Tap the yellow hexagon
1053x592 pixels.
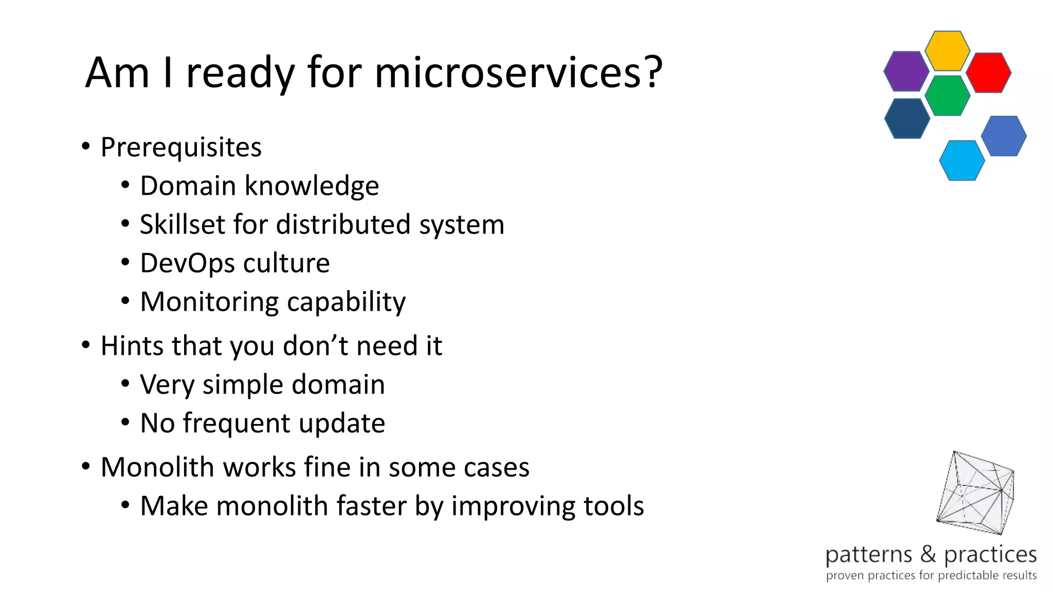947,50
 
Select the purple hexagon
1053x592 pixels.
906,71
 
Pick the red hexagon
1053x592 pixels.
988,72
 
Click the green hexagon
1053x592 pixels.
947,96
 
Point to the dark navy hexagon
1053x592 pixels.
907,118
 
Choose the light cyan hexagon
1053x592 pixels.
961,160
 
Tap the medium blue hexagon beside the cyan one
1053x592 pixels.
1003,136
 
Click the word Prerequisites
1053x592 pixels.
181,147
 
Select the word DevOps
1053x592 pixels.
187,264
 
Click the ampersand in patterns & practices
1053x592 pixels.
928,554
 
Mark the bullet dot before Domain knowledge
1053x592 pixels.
125,185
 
